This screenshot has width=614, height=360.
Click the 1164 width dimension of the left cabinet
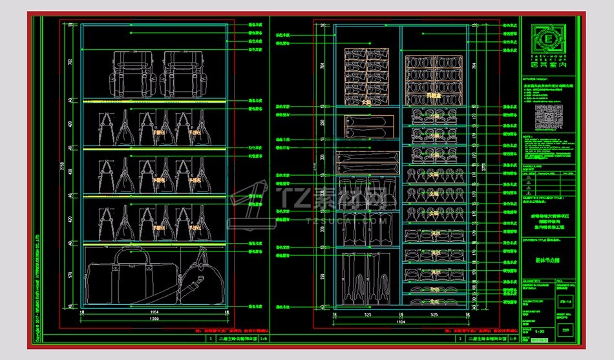click(x=154, y=312)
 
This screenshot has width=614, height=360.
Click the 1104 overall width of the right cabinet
click(x=401, y=321)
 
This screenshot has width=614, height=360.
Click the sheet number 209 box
click(x=567, y=330)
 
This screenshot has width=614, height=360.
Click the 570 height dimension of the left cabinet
click(x=70, y=274)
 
